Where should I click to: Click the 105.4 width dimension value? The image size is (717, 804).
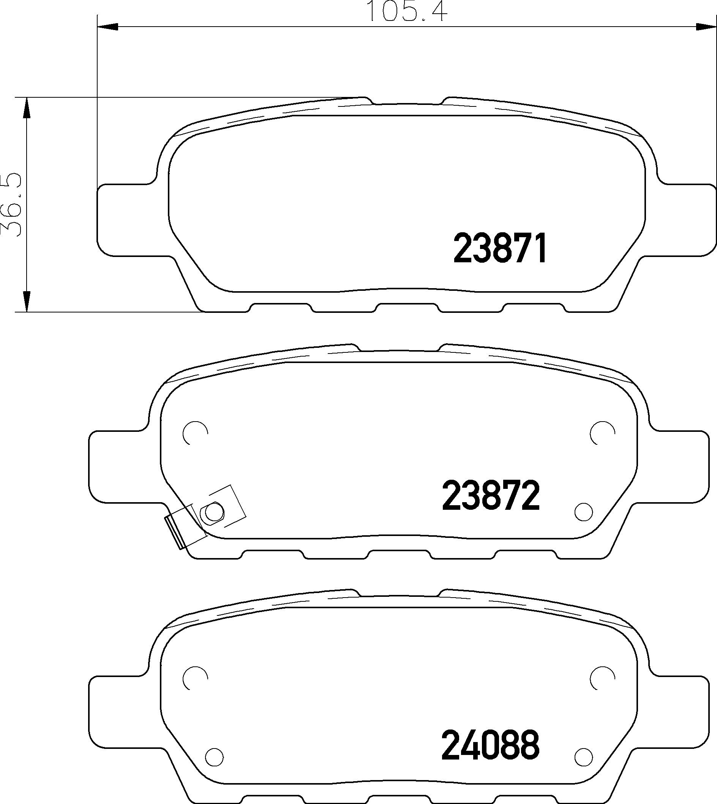407,11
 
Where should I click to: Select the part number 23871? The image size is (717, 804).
500,248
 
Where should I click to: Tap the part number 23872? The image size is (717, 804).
491,496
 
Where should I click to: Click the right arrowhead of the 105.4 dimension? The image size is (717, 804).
706,27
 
